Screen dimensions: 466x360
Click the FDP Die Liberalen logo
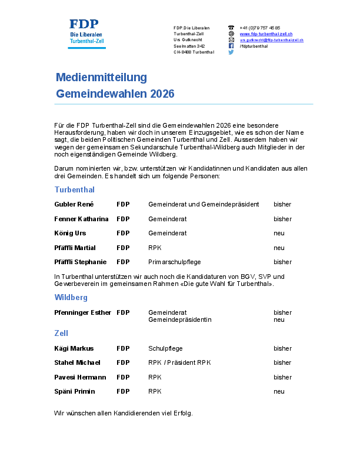(87, 32)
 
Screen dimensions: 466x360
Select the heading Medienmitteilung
(101, 77)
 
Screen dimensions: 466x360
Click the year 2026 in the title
(162, 94)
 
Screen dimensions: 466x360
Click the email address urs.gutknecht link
(271, 40)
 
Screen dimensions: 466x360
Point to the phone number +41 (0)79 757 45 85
(260, 28)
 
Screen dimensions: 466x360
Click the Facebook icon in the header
(231, 46)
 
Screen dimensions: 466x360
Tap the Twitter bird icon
(231, 52)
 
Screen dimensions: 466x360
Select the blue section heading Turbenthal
(75, 190)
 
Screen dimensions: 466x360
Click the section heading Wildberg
(71, 298)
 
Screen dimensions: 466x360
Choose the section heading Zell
(62, 334)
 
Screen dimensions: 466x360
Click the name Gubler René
(74, 205)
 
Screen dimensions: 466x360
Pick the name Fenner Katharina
(81, 219)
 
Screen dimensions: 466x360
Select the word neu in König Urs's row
(279, 233)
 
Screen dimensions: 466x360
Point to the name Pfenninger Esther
(82, 312)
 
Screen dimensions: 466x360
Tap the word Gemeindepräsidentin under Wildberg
(179, 319)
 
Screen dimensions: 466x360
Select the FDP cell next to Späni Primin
(123, 391)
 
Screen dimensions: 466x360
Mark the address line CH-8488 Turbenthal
(194, 52)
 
